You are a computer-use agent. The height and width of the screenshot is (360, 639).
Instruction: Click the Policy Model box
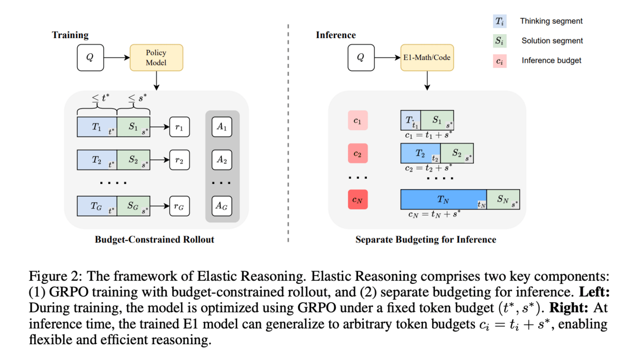156,57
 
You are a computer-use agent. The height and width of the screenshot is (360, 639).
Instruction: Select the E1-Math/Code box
427,57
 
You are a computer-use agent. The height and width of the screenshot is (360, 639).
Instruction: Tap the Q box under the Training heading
90,57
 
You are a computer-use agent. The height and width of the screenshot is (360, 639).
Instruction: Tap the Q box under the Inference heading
360,57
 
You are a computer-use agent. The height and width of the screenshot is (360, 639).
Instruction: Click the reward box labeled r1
180,127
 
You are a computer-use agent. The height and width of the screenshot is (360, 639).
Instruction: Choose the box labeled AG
222,206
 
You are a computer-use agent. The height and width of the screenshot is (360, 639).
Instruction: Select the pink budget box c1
357,121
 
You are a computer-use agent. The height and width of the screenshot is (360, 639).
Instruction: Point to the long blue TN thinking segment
443,199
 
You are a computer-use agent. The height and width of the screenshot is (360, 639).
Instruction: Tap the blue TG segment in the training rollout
96,206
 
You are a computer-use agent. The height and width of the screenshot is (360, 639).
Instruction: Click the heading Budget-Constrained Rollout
154,239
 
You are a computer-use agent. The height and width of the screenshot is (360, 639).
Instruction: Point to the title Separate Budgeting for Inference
425,240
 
